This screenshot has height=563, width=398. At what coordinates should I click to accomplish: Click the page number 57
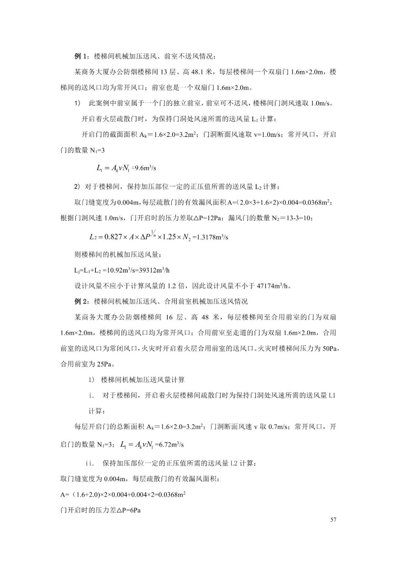tap(333, 520)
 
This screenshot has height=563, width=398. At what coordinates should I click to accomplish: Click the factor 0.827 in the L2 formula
tap(113, 237)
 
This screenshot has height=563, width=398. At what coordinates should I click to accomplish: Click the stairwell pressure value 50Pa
tap(329, 348)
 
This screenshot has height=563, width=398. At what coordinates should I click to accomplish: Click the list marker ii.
tap(90, 463)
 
